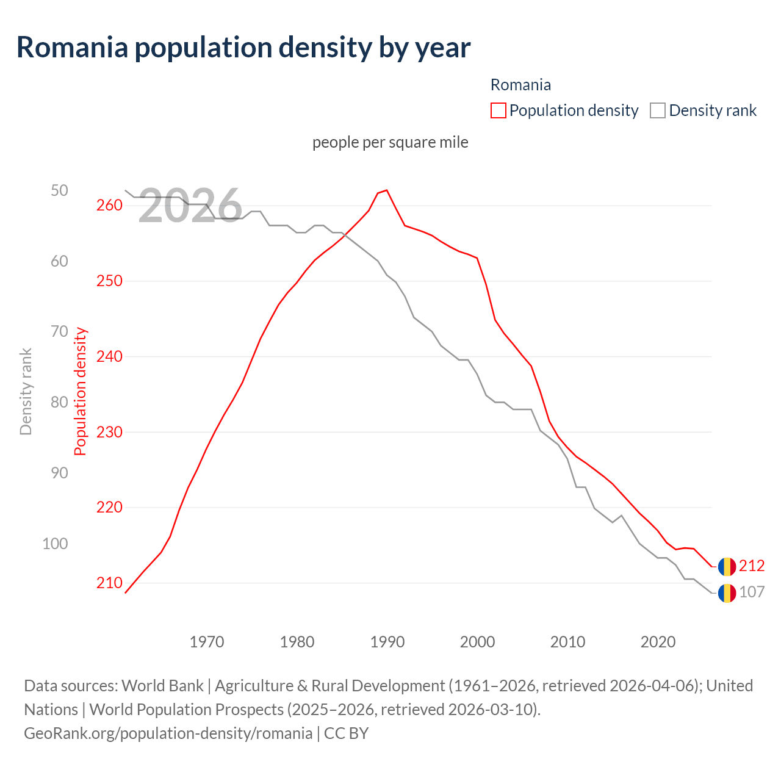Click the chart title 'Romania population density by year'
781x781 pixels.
tap(243, 48)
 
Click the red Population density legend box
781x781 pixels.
tap(498, 110)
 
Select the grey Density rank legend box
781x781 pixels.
tap(658, 110)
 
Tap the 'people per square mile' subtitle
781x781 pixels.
tap(390, 142)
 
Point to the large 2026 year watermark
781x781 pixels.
tap(190, 206)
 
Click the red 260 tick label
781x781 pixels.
tap(110, 206)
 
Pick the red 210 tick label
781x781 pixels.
tap(110, 583)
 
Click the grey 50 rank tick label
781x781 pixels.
tap(60, 191)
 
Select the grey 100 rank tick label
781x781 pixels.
tap(55, 544)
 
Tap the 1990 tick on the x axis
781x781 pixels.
tap(387, 642)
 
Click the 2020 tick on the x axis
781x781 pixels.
tap(658, 642)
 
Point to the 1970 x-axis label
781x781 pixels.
tap(207, 642)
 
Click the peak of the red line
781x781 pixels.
tap(387, 190)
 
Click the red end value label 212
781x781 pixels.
tap(752, 566)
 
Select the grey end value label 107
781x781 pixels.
tap(752, 592)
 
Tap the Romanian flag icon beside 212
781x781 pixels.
tap(727, 567)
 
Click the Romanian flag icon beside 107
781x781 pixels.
tap(727, 593)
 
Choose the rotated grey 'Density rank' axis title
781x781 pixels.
tap(26, 392)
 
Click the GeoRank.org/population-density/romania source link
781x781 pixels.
tap(168, 733)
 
